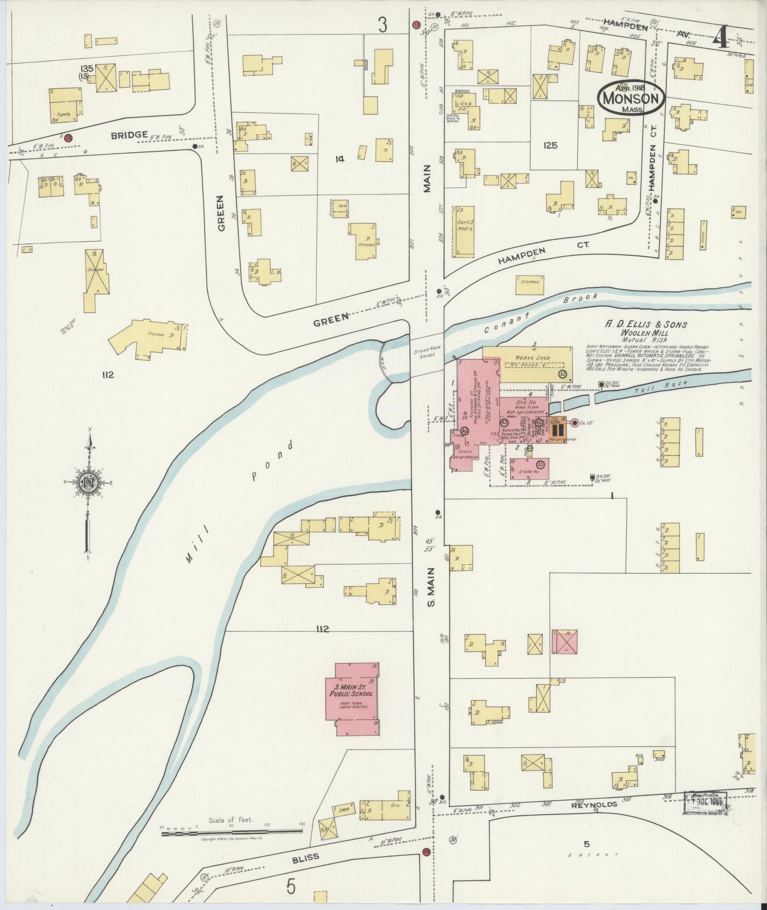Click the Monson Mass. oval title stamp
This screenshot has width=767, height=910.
(x=631, y=98)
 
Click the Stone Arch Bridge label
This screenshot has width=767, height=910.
(x=427, y=351)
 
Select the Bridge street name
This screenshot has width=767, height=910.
(x=129, y=135)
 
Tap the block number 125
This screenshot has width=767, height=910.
(x=550, y=146)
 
